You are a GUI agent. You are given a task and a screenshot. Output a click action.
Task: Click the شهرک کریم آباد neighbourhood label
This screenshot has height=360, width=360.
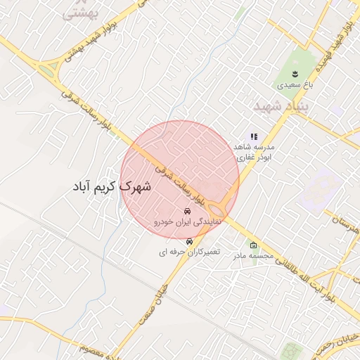click(116, 188)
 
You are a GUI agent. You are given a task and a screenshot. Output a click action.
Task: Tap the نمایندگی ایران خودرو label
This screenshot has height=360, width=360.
click(188, 221)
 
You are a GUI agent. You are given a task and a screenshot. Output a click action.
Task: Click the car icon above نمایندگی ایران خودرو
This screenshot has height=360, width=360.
click(188, 211)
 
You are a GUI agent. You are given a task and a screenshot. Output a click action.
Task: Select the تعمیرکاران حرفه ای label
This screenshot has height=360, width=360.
click(188, 251)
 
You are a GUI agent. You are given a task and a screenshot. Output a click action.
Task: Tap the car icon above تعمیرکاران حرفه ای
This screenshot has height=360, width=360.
click(188, 241)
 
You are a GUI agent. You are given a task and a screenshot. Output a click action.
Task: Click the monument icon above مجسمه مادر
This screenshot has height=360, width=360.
click(253, 245)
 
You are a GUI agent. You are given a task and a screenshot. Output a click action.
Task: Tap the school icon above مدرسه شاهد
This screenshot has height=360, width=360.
click(254, 137)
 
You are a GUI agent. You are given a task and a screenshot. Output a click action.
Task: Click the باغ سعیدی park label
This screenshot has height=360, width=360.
click(294, 84)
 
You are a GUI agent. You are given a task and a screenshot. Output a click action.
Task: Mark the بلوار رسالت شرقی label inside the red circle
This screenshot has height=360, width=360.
click(179, 175)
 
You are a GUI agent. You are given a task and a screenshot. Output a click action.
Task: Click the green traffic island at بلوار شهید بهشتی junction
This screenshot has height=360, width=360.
click(48, 70)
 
